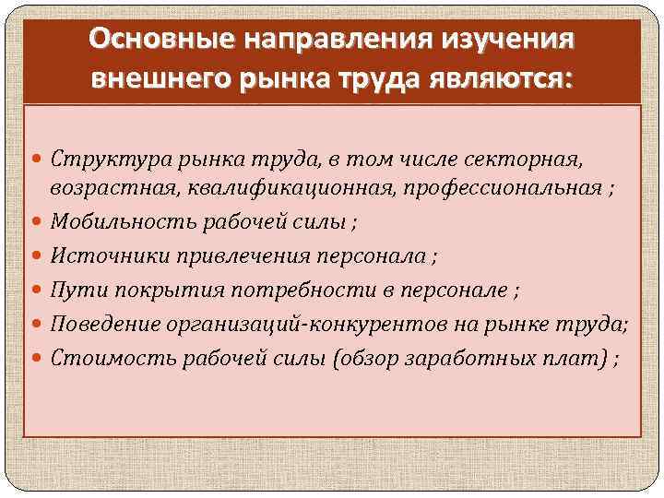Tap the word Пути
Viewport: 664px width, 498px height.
click(72, 290)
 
